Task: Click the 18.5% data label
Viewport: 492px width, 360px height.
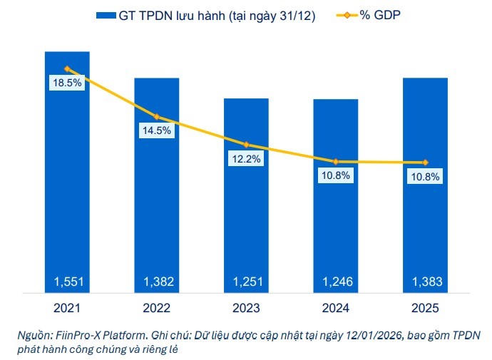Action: click(67, 83)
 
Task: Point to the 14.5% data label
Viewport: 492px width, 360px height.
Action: click(157, 130)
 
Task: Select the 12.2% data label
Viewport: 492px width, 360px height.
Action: click(246, 159)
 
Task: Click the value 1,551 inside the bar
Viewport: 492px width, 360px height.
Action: click(67, 283)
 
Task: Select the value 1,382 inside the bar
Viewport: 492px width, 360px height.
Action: click(157, 283)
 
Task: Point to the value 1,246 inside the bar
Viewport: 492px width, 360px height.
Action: click(336, 283)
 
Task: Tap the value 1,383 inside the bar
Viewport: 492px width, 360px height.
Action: click(425, 283)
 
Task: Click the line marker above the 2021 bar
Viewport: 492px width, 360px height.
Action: click(67, 69)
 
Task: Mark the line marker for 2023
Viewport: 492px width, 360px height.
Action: click(246, 145)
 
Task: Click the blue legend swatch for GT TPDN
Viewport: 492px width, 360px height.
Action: click(105, 16)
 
